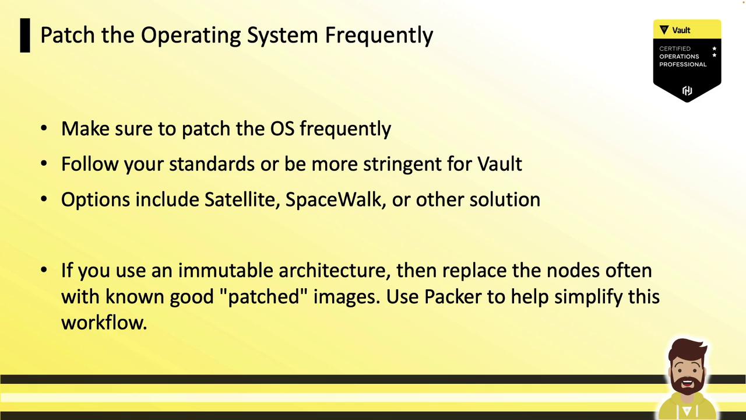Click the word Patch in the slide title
click(67, 34)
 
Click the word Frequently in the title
click(379, 36)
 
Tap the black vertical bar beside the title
click(25, 36)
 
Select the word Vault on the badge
click(681, 30)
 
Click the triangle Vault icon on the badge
click(664, 30)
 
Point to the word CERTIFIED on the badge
click(675, 48)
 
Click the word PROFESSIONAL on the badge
click(682, 64)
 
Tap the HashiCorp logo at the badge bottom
click(687, 90)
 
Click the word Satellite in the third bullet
click(242, 199)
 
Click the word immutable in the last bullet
click(225, 270)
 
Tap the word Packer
click(453, 296)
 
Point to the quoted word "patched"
click(264, 297)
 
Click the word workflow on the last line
click(104, 323)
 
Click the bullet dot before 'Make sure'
click(44, 128)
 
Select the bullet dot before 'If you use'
click(44, 270)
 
